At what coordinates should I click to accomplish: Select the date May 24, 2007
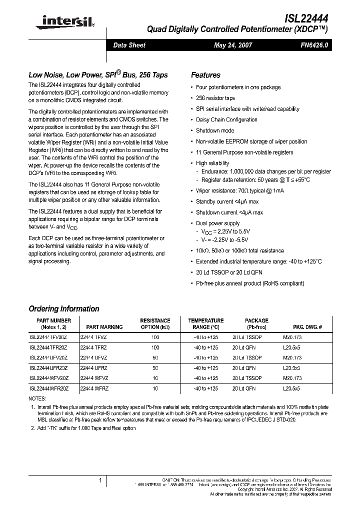click(233, 45)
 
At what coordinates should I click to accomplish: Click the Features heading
click(205, 75)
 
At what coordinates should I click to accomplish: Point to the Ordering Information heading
click(64, 308)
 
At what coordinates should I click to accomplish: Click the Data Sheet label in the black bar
click(129, 45)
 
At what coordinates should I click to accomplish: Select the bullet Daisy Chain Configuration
click(226, 119)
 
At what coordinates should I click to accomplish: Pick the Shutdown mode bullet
click(215, 130)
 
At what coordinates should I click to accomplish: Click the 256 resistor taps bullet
click(215, 98)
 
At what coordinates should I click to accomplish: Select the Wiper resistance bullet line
click(239, 190)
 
